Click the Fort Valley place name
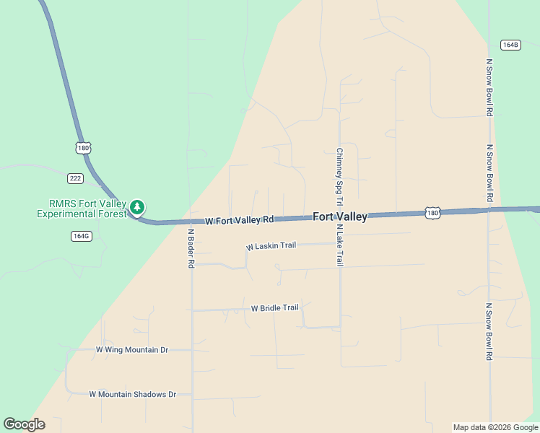[x=340, y=216]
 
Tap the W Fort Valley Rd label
[x=240, y=220]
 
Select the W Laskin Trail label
[x=271, y=246]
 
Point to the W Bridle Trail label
[x=274, y=308]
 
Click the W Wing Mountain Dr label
[x=132, y=350]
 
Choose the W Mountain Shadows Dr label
[x=133, y=395]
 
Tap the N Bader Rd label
[x=191, y=249]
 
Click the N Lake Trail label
[x=339, y=245]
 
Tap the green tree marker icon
[x=137, y=208]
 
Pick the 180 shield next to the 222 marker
[x=83, y=148]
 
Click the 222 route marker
[x=74, y=178]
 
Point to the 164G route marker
[x=81, y=236]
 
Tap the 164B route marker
[x=510, y=45]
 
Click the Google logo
[x=24, y=424]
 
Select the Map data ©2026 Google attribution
[x=495, y=428]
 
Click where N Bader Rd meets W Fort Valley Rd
[x=191, y=222]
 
